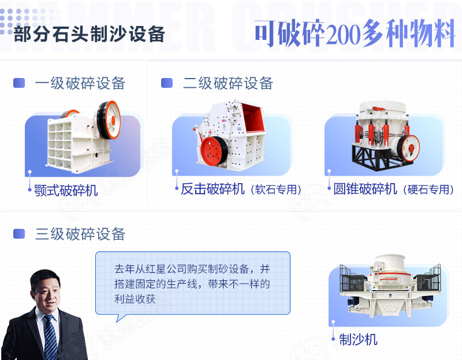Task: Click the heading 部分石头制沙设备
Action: pyautogui.click(x=89, y=34)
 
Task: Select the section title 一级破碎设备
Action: pyautogui.click(x=80, y=83)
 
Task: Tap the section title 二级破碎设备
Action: pyautogui.click(x=228, y=83)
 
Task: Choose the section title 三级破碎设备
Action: pyautogui.click(x=80, y=234)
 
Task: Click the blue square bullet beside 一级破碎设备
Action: pyautogui.click(x=19, y=83)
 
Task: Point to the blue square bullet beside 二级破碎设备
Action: pyautogui.click(x=167, y=83)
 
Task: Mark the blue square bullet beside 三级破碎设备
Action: pyautogui.click(x=19, y=234)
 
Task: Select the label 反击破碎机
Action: pyautogui.click(x=213, y=189)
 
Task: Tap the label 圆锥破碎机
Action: pyautogui.click(x=365, y=189)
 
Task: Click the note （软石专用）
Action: pyautogui.click(x=277, y=190)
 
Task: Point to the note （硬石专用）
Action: pyautogui.click(x=429, y=190)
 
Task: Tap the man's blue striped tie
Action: pyautogui.click(x=50, y=338)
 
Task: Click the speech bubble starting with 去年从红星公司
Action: pyautogui.click(x=192, y=283)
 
